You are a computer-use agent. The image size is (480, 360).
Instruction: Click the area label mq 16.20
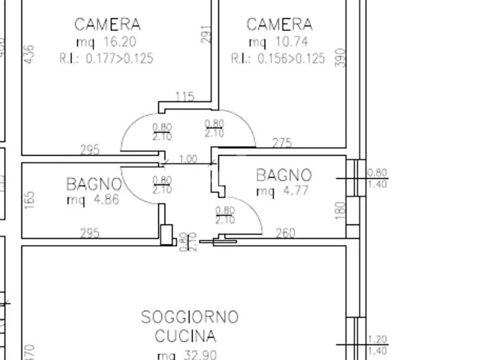[107, 43]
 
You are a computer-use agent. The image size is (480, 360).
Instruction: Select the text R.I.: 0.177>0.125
[107, 59]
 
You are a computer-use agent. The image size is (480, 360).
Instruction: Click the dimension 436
[29, 54]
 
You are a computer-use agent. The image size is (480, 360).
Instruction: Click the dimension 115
[185, 97]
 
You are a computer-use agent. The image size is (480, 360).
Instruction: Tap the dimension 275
[282, 143]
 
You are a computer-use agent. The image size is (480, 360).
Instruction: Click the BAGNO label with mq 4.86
[94, 184]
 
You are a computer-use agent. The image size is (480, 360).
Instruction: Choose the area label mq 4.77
[283, 191]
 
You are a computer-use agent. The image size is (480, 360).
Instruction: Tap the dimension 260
[285, 233]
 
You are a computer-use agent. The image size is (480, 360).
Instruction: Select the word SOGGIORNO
[189, 317]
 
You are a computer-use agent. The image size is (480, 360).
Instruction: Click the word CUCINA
[185, 337]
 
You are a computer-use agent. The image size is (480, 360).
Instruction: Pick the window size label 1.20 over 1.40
[377, 345]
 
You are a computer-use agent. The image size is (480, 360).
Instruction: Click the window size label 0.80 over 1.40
[377, 178]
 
